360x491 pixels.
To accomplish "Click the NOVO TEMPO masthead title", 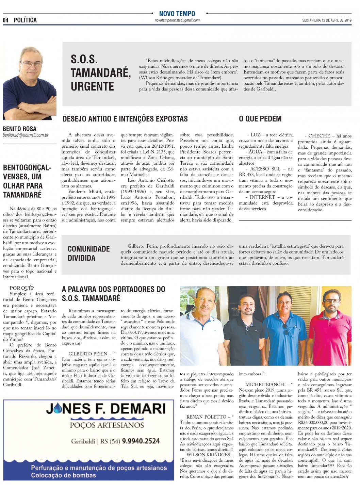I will point(177,14).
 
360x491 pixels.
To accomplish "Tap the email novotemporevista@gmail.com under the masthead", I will point(177,20).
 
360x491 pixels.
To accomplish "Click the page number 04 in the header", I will point(5,20).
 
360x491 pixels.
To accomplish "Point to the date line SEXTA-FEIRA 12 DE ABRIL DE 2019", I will point(327,20).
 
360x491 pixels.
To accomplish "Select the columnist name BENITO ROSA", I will point(19,129).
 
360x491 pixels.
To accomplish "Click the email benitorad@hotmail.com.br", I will point(26,135).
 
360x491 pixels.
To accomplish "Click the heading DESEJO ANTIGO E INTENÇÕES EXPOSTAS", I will point(125,119).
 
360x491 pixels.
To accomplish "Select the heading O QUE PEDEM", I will point(260,119).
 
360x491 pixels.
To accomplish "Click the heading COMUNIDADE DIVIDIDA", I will point(88,253).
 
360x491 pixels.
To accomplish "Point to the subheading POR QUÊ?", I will point(22,288).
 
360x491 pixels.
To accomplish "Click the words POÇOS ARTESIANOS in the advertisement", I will point(107,425).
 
